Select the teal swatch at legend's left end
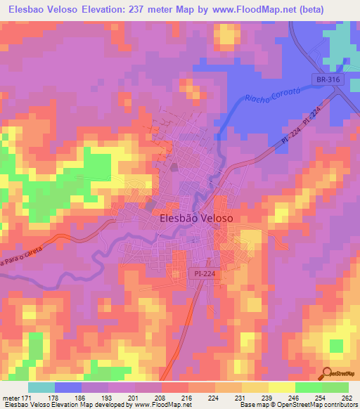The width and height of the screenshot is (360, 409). click(x=41, y=387)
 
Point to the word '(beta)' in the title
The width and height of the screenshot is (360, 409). click(x=332, y=11)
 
